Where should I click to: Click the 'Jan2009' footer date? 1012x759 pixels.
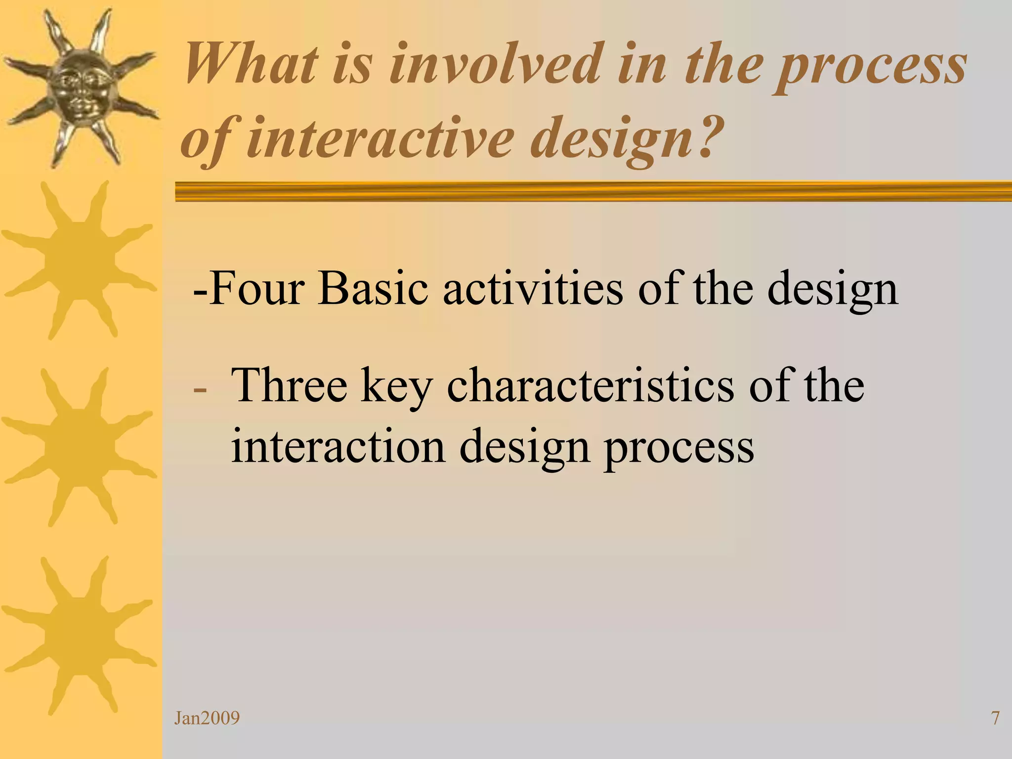[207, 718]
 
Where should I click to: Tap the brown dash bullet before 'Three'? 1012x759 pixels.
[200, 389]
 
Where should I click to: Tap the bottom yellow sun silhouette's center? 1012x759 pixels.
[79, 635]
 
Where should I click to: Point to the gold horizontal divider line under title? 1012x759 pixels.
[593, 191]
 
